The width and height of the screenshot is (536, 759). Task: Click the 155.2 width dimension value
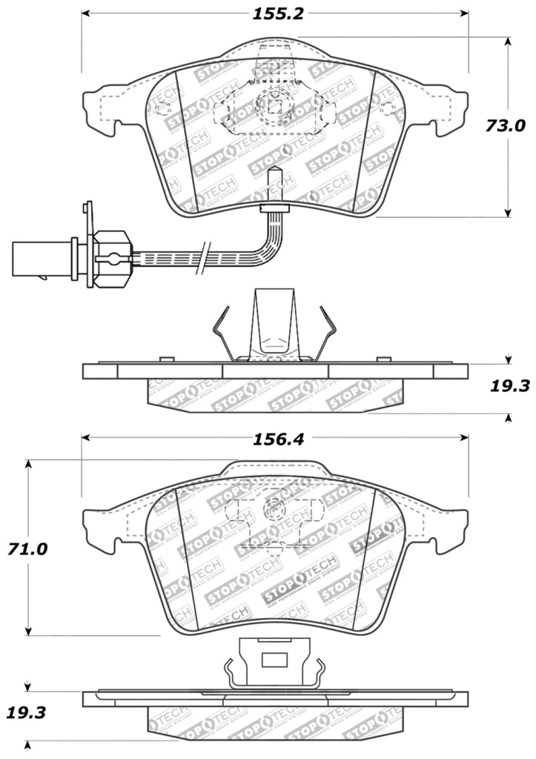click(x=274, y=13)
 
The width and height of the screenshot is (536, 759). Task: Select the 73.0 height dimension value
click(x=506, y=126)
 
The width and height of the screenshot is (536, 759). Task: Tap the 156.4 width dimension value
click(x=274, y=439)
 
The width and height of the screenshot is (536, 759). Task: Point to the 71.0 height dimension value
click(x=28, y=549)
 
